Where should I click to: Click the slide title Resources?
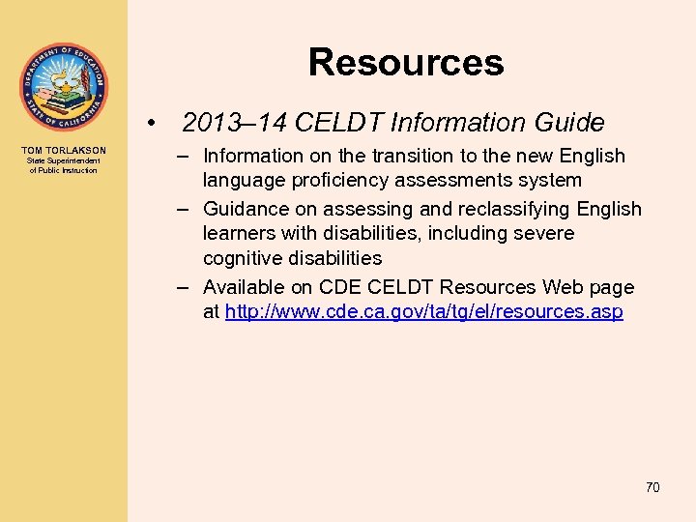click(406, 63)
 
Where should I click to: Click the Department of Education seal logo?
click(64, 87)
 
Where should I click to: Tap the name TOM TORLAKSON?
click(64, 151)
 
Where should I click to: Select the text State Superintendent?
click(64, 161)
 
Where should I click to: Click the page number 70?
click(652, 487)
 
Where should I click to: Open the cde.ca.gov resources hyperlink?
click(423, 312)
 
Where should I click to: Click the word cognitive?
click(243, 258)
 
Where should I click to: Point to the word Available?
click(244, 287)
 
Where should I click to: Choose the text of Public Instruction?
click(64, 171)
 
